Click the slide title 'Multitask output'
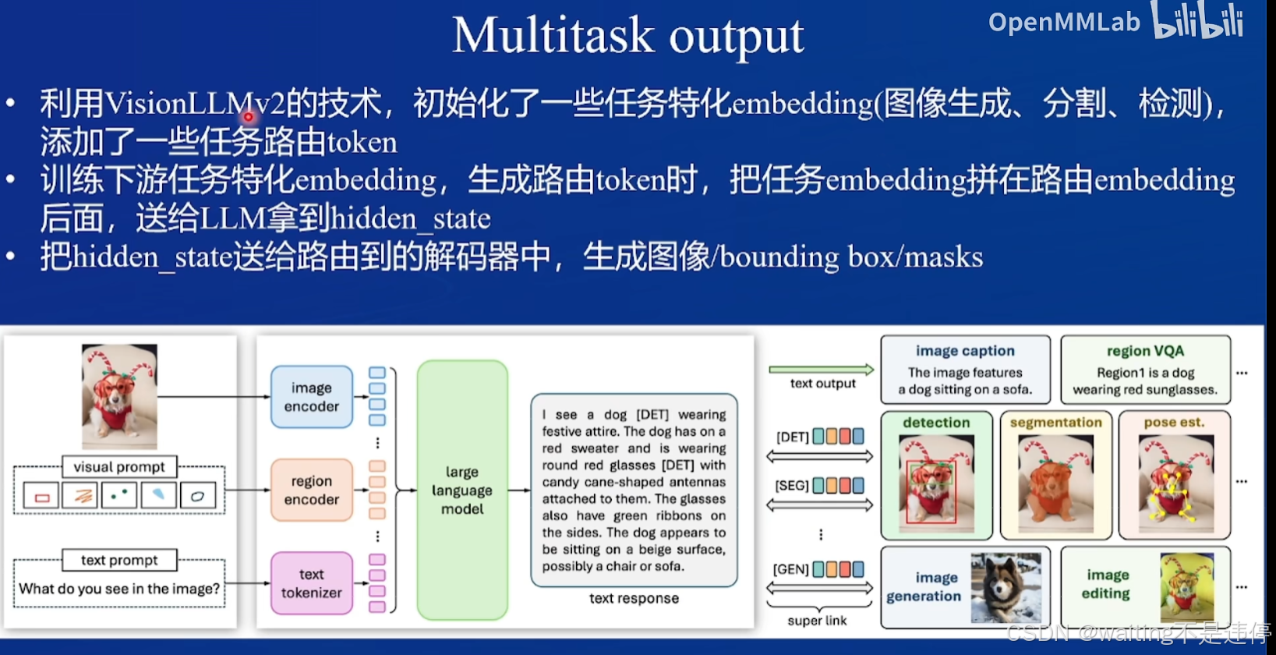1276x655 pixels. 627,36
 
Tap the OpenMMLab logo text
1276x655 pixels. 1063,22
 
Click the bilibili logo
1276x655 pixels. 1198,21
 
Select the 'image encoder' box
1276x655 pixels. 311,397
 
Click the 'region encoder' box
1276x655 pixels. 311,490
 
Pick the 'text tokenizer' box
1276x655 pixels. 311,583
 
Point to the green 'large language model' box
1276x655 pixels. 462,490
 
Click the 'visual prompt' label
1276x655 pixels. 119,467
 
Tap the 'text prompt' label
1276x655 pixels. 119,560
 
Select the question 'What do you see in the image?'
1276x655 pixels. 119,589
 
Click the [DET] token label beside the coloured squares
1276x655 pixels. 792,437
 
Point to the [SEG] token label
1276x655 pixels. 791,486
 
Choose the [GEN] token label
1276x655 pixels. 790,569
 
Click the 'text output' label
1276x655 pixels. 822,383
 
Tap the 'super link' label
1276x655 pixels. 817,621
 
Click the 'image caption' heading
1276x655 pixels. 965,351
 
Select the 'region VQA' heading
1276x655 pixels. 1145,351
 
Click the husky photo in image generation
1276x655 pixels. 1006,587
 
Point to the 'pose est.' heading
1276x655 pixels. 1174,422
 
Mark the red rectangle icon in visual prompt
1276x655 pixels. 42,496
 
